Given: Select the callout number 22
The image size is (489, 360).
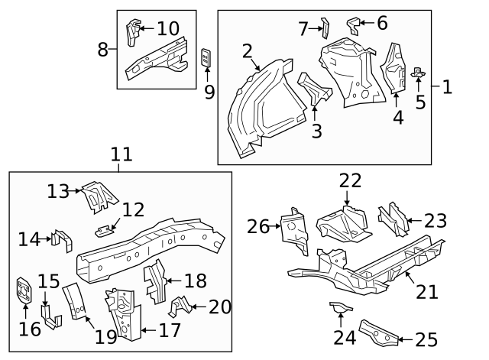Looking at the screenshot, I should point(350,180).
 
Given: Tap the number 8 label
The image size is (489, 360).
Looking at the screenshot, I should point(103,50).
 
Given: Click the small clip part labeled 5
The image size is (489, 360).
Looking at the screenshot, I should point(418,73).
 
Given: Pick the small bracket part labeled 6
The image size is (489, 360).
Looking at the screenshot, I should point(353,24).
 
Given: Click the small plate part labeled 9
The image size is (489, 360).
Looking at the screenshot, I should point(206,57).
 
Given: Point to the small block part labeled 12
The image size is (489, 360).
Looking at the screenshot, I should point(105,229).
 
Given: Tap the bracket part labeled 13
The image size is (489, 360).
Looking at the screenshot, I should point(96,196).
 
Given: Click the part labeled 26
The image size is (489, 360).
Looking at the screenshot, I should point(294,229).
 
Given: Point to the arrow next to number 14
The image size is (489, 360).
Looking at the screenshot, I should point(47,239).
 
